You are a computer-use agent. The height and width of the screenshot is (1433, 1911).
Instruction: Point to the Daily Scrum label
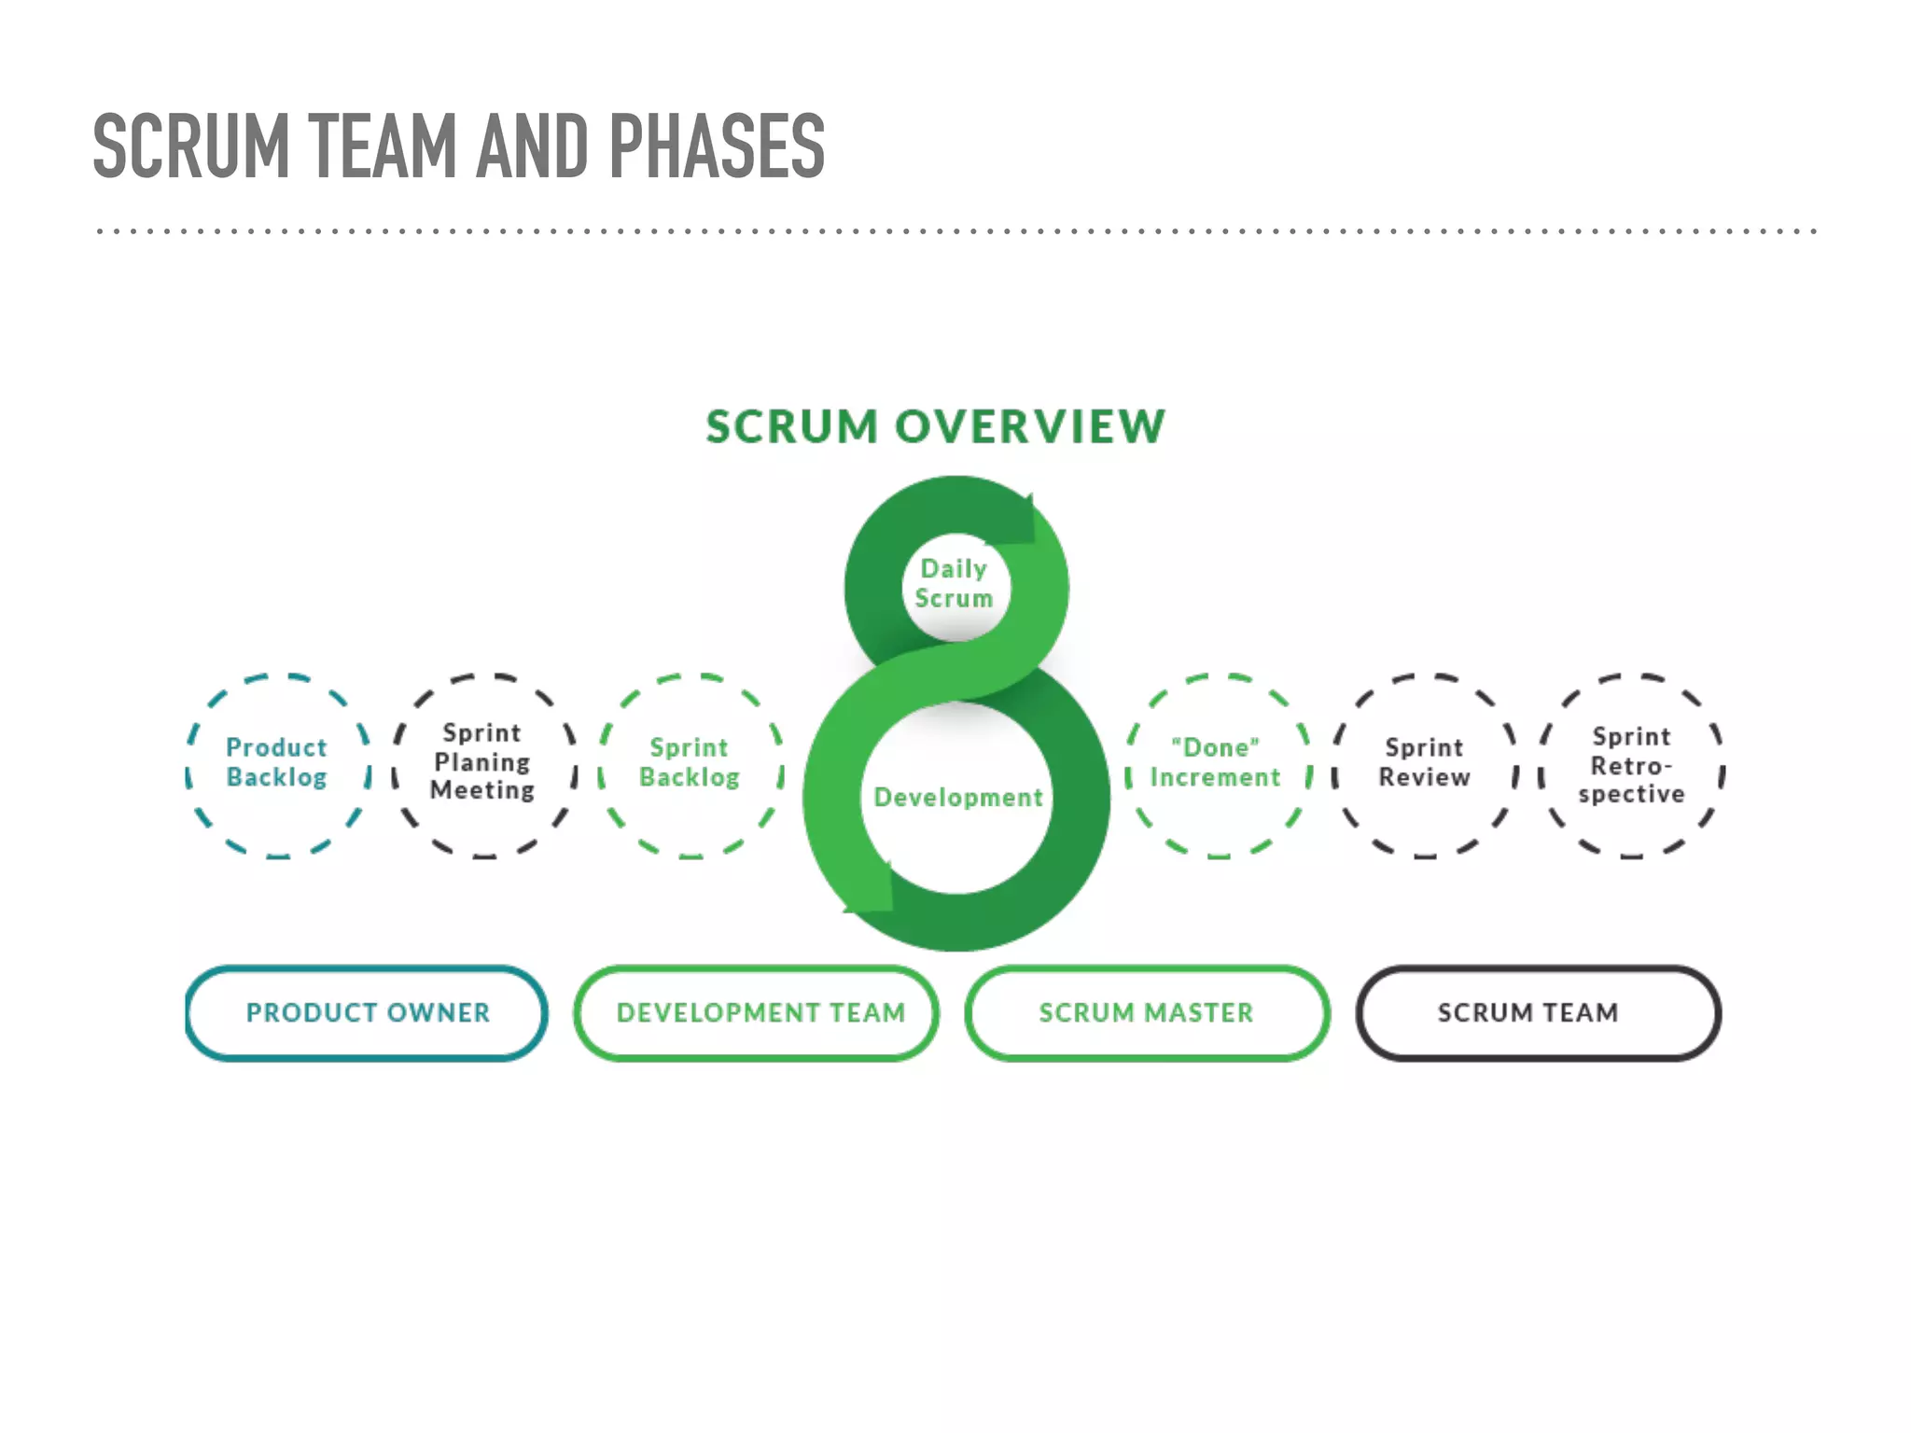click(954, 584)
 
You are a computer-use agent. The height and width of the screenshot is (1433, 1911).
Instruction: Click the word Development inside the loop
click(957, 798)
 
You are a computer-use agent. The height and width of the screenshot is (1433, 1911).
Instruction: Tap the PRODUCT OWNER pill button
click(367, 1013)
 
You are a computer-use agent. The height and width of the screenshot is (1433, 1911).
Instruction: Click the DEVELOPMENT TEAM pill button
click(758, 1013)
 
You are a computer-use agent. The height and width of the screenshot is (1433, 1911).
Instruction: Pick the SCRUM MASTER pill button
click(1147, 1013)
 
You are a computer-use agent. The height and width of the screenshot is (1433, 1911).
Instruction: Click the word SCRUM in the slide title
click(191, 146)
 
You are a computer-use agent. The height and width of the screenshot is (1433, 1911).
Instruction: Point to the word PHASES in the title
click(717, 146)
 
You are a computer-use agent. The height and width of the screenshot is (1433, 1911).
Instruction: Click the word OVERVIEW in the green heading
click(1030, 427)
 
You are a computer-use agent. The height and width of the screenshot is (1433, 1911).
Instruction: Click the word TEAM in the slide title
click(382, 146)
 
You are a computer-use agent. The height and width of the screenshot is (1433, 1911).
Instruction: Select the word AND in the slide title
click(532, 146)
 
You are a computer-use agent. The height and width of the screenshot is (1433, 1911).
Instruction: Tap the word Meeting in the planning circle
click(482, 791)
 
